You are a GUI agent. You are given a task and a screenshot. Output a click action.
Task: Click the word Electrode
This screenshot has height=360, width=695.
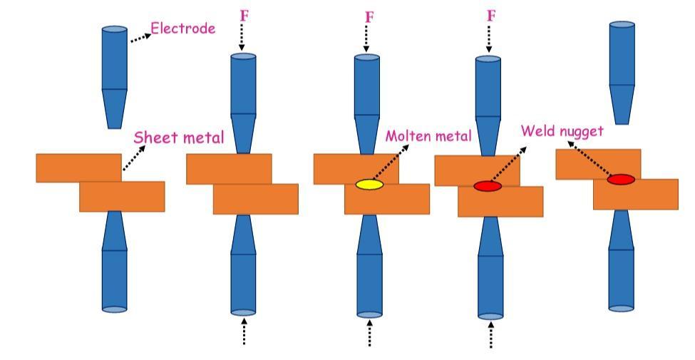pos(183,29)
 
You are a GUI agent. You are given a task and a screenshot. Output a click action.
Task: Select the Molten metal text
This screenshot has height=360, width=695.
pos(428,136)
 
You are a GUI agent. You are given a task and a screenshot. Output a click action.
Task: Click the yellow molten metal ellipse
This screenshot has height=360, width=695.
pos(369,185)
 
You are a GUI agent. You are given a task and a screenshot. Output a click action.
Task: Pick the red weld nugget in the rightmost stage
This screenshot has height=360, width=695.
pos(621,180)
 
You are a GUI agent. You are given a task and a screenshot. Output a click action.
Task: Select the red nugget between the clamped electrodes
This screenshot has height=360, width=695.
pos(488,186)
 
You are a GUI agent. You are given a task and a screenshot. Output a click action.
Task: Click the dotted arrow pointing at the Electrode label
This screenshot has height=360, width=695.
pos(141,36)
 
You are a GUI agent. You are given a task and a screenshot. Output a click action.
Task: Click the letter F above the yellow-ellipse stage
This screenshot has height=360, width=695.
pos(369,16)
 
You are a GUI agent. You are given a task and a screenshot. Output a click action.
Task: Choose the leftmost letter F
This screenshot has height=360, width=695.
pos(244,16)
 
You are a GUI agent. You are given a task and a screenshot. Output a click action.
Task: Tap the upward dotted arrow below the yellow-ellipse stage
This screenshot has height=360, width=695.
pos(369,332)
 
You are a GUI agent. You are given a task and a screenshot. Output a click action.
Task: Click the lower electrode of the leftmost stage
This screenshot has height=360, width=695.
pos(114,264)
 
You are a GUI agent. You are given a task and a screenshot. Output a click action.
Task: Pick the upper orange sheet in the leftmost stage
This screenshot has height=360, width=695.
pos(78,168)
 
